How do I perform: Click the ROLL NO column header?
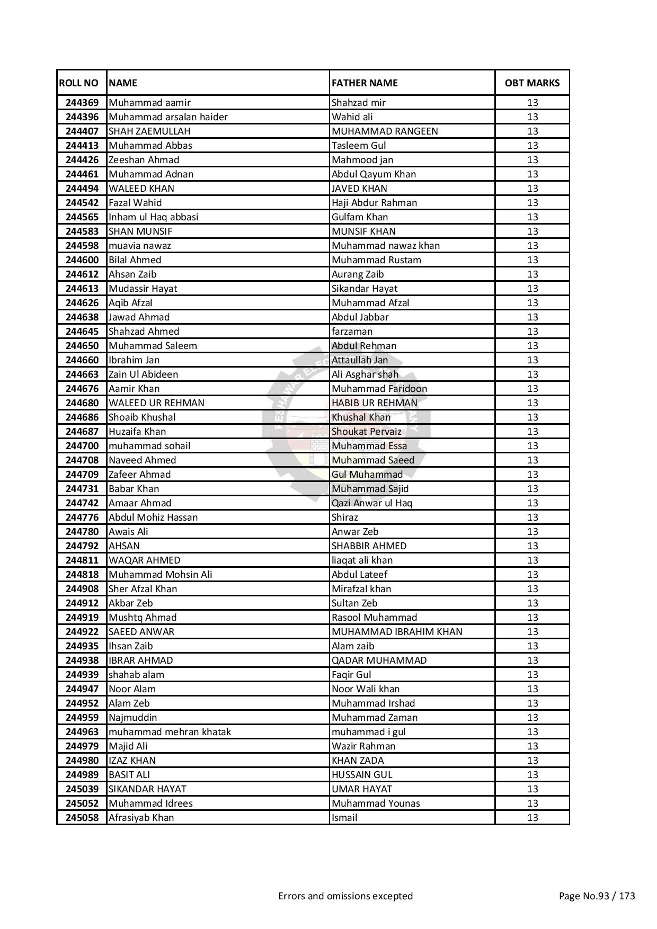click(x=79, y=83)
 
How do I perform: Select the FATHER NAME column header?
click(x=365, y=83)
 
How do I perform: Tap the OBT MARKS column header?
click(x=532, y=83)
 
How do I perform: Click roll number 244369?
click(x=82, y=103)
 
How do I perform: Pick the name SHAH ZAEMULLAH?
click(x=149, y=131)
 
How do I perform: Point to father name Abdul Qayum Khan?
click(x=374, y=174)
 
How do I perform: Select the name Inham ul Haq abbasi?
click(x=153, y=217)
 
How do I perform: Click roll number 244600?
click(x=82, y=260)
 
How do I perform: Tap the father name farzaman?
click(x=352, y=332)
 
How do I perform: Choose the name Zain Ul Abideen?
click(x=143, y=374)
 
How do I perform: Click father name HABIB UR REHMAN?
click(x=375, y=403)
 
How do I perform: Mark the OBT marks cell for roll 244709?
click(x=532, y=475)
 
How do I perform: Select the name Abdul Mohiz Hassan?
click(x=153, y=517)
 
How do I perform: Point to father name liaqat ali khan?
click(x=362, y=560)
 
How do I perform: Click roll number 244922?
click(x=82, y=632)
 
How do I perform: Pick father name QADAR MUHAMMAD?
click(x=379, y=660)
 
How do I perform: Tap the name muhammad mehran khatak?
click(x=170, y=732)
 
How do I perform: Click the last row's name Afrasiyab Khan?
click(x=141, y=818)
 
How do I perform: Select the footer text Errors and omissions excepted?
click(x=345, y=896)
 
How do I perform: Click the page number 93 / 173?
click(x=597, y=896)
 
